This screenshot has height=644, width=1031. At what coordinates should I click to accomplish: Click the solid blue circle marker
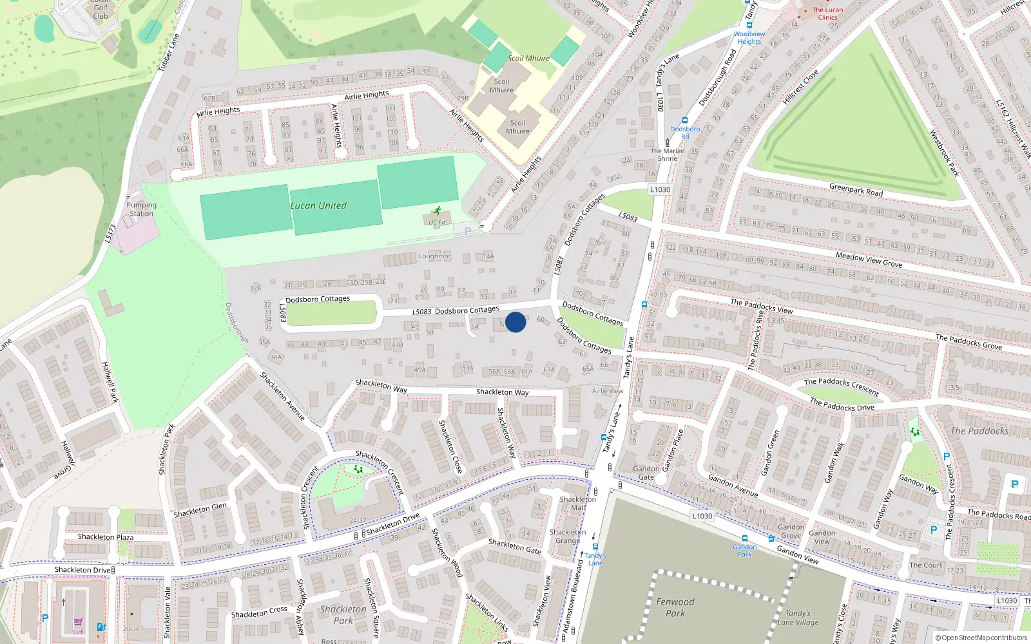pos(515,322)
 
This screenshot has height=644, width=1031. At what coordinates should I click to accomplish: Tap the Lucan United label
pos(318,206)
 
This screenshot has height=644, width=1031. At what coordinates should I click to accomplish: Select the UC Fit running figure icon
pos(438,211)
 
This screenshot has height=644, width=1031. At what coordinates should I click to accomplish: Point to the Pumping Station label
pos(142,209)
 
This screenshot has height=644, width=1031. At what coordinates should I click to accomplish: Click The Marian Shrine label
pos(668,155)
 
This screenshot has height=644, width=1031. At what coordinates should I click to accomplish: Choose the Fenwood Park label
pos(675,607)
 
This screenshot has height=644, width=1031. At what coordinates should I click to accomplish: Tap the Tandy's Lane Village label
pos(798,618)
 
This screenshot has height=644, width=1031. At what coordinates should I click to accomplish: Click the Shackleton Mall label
pos(578,503)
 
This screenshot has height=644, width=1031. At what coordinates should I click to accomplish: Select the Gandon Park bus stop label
pos(744,550)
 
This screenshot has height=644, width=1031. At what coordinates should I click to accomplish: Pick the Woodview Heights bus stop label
pos(749,37)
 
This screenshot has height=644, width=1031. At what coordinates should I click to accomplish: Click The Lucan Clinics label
pos(827,14)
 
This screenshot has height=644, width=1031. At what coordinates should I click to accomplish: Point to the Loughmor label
pos(435,256)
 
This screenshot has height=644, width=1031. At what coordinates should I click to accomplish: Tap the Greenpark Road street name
pos(856,190)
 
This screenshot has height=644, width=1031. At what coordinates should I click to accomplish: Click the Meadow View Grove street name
pos(869,260)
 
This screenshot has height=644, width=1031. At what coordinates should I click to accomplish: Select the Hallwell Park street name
pos(110,382)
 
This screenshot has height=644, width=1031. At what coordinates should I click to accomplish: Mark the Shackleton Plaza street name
pos(106,537)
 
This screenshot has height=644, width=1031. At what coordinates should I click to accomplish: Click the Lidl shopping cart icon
pos(78,622)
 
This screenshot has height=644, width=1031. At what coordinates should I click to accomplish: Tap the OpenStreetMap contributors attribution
pos(981,638)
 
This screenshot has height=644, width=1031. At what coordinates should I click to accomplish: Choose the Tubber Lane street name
pos(169,53)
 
